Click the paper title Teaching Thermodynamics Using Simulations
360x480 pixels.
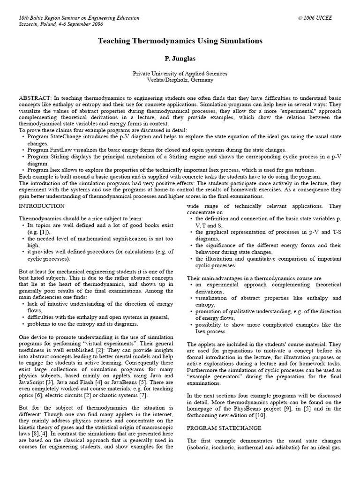[180, 41]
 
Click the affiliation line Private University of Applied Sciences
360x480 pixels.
[180, 74]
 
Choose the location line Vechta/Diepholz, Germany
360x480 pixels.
[180, 80]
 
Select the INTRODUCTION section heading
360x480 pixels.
[41, 206]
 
